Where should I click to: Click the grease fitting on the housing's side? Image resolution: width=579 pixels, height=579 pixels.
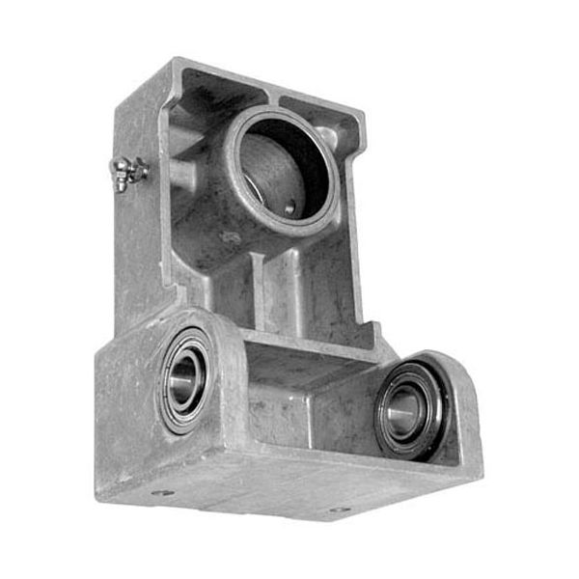point(128,175)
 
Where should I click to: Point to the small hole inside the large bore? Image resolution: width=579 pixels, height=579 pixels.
point(289,205)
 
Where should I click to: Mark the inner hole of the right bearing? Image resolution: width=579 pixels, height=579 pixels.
point(406,409)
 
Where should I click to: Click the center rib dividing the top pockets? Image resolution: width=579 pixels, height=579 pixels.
point(274,97)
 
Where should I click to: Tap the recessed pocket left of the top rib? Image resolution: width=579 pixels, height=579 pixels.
point(222,101)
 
